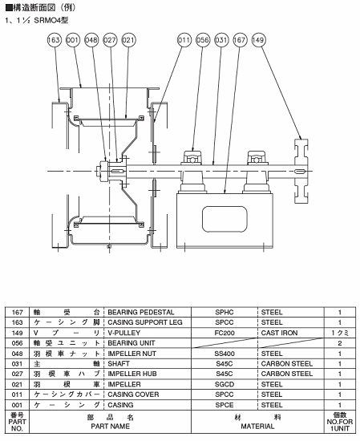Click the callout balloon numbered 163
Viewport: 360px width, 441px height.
point(54,40)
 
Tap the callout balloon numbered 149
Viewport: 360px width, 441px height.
point(258,40)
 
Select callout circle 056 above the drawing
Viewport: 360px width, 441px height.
point(203,40)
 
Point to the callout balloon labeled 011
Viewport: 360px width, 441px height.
point(184,40)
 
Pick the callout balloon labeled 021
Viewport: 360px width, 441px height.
point(128,40)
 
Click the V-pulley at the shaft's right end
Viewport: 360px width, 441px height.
point(301,171)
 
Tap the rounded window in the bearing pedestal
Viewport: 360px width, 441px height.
point(224,219)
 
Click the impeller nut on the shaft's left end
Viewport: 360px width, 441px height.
point(102,171)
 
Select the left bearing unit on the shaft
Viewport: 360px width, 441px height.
point(192,158)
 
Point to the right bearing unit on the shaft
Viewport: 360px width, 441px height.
point(256,158)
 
